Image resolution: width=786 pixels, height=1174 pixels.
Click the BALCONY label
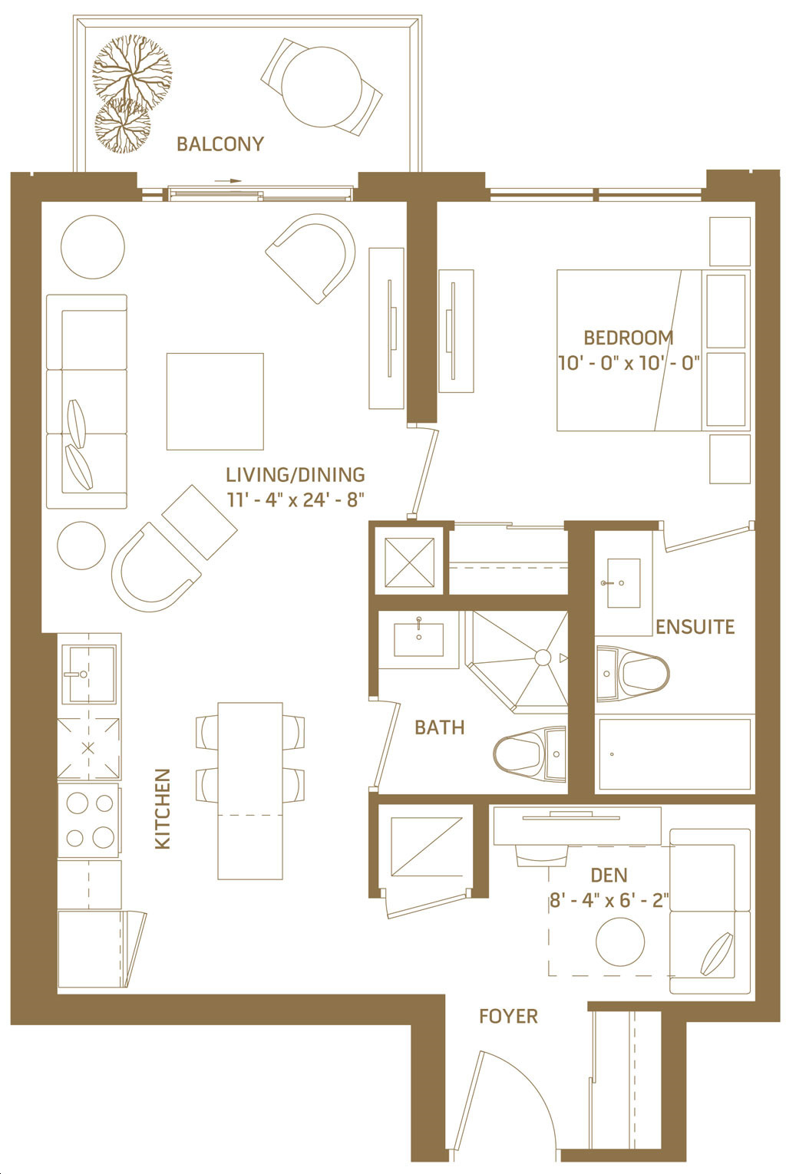coord(220,144)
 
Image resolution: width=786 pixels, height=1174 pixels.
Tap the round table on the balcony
coord(322,86)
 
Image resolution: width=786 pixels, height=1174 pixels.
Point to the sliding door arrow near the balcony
coord(228,181)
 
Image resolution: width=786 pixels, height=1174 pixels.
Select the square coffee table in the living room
coord(215,401)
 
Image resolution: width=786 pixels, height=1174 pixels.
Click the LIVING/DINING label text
coord(296,475)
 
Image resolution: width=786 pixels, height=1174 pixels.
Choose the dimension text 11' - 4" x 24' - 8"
coord(296,500)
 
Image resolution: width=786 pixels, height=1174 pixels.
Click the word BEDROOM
coord(628,338)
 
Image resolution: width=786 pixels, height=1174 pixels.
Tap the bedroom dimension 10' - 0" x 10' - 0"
coord(629,363)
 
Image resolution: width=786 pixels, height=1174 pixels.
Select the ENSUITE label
coord(695,627)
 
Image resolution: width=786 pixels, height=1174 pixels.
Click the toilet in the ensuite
coord(633,674)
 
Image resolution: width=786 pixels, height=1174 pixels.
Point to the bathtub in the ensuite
coord(675,754)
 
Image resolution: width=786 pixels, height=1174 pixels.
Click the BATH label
coord(439,727)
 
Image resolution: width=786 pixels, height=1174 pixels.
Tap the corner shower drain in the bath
coord(543,658)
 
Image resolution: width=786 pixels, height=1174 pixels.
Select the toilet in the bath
coord(530,754)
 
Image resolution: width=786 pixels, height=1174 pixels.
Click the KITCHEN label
coord(163,809)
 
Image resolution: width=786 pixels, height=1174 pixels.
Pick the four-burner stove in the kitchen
coord(89,820)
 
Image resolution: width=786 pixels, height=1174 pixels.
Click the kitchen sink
coord(88,674)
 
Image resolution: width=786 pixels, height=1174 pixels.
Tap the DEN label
coord(609,876)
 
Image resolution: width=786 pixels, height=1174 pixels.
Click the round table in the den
coord(620,942)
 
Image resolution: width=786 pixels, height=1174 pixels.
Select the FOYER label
coord(508,1017)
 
